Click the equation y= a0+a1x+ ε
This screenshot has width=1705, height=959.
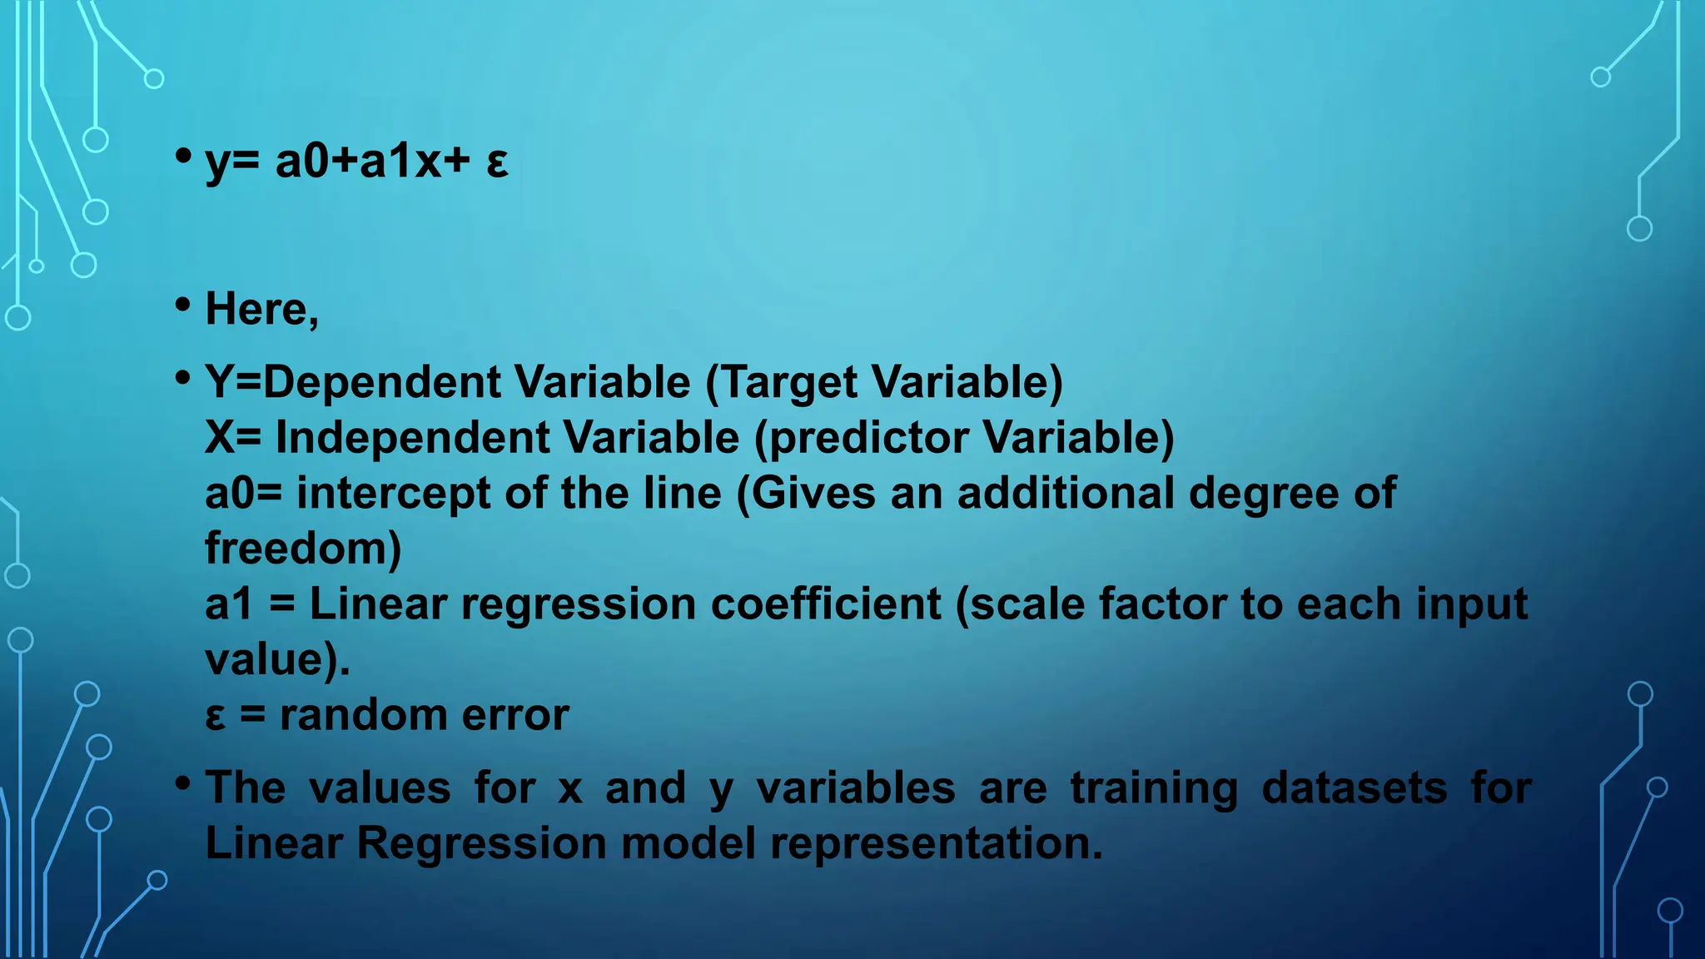pos(356,161)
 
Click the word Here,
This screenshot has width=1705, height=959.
pos(261,310)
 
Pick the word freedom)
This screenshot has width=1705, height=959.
pos(303,549)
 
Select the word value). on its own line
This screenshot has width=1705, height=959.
pos(277,659)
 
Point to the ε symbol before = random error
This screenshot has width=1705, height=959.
pos(215,716)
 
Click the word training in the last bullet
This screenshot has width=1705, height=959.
pos(1154,789)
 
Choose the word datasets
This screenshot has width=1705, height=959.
pos(1355,788)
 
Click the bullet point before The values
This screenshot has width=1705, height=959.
pos(183,783)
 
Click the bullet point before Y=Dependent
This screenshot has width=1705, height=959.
pos(183,378)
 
